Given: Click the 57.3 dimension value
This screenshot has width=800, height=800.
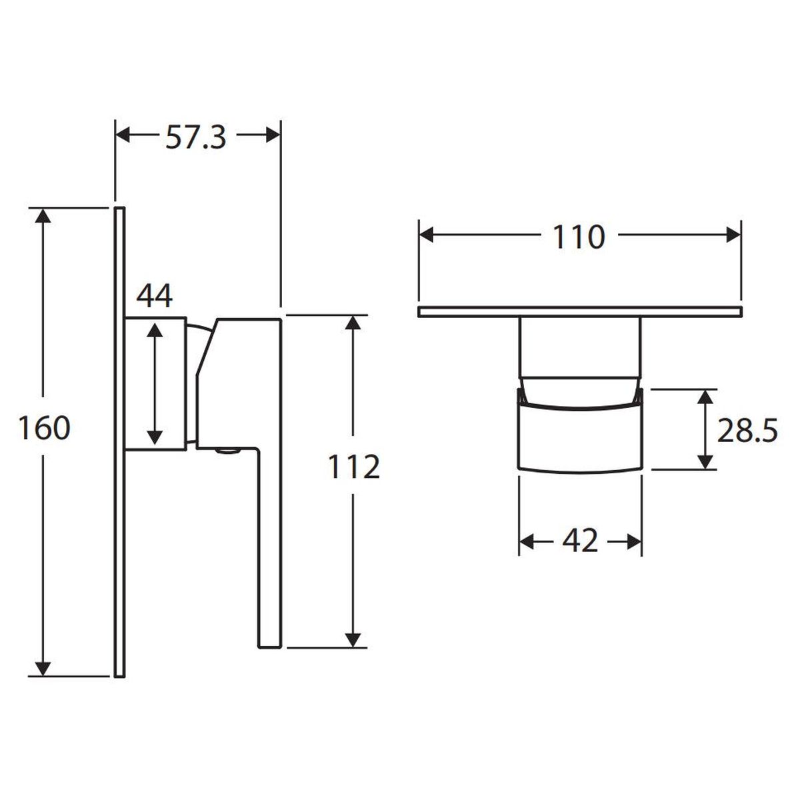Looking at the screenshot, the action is coord(195,137).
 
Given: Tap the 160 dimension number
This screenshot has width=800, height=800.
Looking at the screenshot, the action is coord(45,429).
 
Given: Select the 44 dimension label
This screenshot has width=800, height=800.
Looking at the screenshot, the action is coord(155,296).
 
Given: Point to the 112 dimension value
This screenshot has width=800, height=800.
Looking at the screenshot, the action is coord(354,467).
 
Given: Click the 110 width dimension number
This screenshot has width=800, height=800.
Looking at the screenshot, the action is coord(579,237).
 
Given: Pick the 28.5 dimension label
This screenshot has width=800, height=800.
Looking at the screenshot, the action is coord(747,430).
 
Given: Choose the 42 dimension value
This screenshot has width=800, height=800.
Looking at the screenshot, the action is coord(580,541).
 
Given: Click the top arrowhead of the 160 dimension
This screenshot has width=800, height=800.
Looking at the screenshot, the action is coord(43,215).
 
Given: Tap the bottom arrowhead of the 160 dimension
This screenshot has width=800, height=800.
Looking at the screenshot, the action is coord(43,669).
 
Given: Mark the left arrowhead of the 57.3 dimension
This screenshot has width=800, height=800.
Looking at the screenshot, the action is coord(123,135).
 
